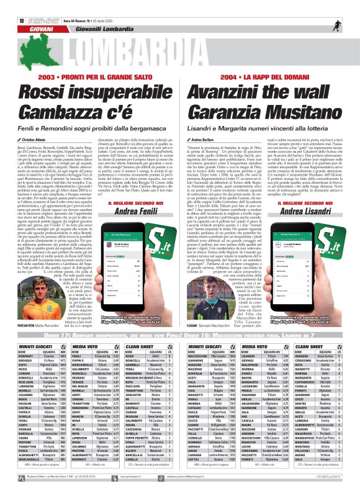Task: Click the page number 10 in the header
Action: [x=12, y=4]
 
